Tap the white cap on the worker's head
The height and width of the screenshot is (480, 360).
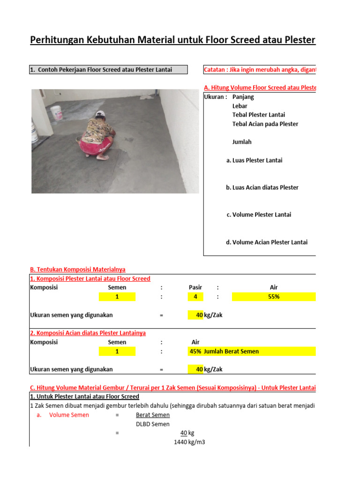tap(99, 114)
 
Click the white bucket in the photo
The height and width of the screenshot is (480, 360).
tap(56, 113)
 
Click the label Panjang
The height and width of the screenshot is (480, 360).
tap(243, 97)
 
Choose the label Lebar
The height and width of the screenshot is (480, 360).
tap(240, 106)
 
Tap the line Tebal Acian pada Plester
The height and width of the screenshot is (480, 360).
tap(265, 124)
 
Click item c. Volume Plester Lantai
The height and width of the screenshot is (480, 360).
tap(258, 215)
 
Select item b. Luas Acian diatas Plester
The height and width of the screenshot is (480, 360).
tap(262, 187)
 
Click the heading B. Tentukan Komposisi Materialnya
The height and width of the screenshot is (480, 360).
tap(77, 270)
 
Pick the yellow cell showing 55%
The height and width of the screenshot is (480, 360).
tap(274, 297)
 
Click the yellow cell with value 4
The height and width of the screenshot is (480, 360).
tap(195, 297)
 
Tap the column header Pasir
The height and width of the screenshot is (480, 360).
tap(195, 287)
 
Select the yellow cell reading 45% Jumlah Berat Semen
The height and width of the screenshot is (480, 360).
tap(252, 351)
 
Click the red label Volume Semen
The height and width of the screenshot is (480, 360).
tap(69, 415)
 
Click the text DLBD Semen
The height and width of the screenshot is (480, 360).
tap(153, 424)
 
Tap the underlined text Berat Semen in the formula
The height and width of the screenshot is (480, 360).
tap(153, 415)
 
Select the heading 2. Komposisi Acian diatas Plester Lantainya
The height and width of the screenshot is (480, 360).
tap(88, 333)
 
